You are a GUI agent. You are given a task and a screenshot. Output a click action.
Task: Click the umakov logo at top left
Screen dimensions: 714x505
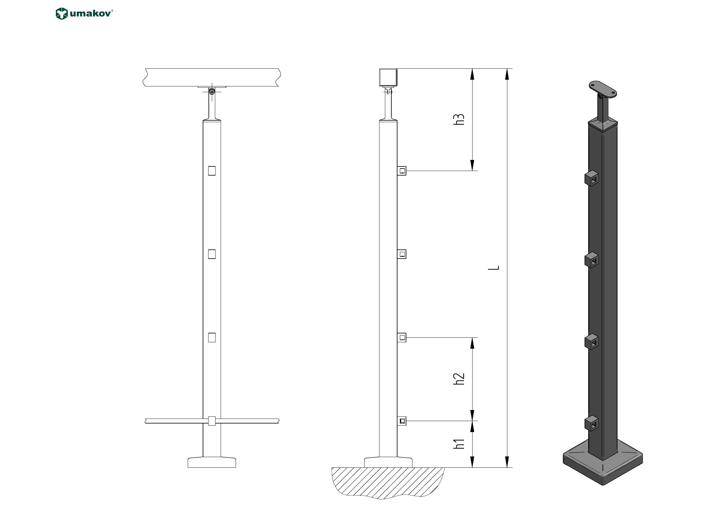click(84, 14)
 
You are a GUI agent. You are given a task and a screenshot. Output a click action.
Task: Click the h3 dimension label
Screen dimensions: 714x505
click(459, 119)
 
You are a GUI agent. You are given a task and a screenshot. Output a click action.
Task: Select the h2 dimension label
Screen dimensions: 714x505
click(459, 379)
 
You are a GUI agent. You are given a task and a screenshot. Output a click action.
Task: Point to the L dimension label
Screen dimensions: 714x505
click(494, 268)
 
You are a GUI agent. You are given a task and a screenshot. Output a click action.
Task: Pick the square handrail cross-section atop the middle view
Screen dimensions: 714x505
click(388, 77)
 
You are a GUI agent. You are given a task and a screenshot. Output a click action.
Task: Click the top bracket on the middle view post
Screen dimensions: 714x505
click(402, 171)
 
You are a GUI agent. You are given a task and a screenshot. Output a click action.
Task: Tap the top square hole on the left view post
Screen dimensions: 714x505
click(212, 171)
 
